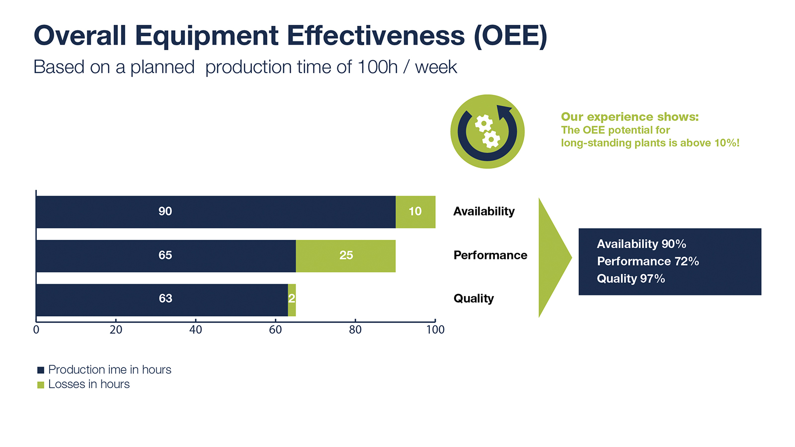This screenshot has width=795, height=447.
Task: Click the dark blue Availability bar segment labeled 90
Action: pos(215,212)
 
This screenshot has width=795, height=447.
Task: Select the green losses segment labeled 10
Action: pos(415,212)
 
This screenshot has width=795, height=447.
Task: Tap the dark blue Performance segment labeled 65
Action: pos(165,256)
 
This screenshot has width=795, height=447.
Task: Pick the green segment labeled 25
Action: pos(346,256)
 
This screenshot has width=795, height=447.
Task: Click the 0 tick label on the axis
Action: pos(36,330)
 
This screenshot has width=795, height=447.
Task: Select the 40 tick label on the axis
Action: pos(196,330)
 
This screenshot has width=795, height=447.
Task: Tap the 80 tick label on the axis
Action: pos(355,330)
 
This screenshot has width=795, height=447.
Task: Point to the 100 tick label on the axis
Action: pos(435,330)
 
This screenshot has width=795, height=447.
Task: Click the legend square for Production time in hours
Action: pos(41,370)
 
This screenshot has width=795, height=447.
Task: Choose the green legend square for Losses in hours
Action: pos(41,385)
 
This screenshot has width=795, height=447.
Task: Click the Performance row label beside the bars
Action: pos(490,255)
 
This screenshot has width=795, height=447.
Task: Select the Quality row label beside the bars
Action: pos(474,298)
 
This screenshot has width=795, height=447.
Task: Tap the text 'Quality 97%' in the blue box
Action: pos(631,279)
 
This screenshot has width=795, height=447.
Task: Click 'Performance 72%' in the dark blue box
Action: pos(647,261)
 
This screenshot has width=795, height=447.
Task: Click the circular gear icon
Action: pos(487,132)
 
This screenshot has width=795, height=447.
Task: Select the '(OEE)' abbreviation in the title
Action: pos(510,36)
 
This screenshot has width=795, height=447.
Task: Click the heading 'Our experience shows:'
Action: pos(630,117)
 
